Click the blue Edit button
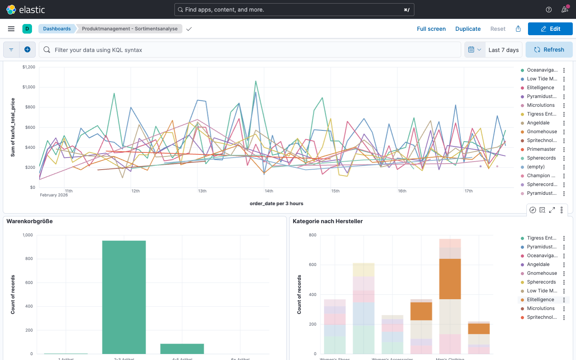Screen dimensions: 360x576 point(550,29)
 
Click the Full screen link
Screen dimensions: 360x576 point(431,29)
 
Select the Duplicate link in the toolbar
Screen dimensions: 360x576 point(468,29)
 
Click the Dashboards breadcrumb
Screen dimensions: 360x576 point(57,29)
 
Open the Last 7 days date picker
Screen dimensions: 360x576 point(503,50)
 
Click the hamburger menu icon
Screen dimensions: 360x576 point(11,29)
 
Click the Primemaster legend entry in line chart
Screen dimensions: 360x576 point(541,149)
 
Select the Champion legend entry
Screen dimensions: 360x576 point(541,176)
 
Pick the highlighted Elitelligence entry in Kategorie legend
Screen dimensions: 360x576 point(540,300)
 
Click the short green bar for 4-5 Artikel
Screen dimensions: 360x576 point(182,349)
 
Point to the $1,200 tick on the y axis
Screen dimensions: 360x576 point(29,67)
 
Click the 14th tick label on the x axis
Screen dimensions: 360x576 point(269,191)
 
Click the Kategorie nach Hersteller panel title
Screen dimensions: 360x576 point(328,221)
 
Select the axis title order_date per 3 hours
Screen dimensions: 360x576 point(276,204)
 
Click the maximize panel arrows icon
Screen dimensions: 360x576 point(552,210)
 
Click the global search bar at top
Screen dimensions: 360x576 point(294,10)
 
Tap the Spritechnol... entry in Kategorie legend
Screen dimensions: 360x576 point(542,317)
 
